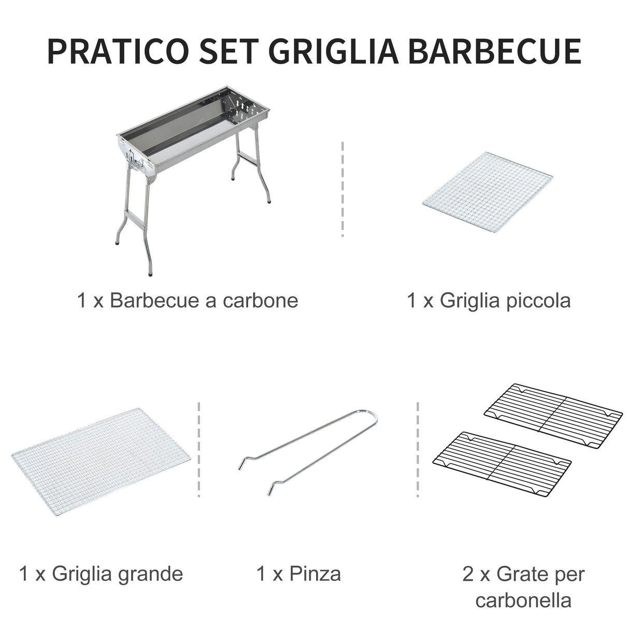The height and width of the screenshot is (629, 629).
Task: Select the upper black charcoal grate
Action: click(553, 408)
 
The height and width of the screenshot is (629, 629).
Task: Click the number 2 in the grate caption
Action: click(468, 574)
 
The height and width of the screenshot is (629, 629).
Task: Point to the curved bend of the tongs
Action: click(370, 417)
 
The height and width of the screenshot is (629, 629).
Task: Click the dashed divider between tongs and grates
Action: click(418, 449)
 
